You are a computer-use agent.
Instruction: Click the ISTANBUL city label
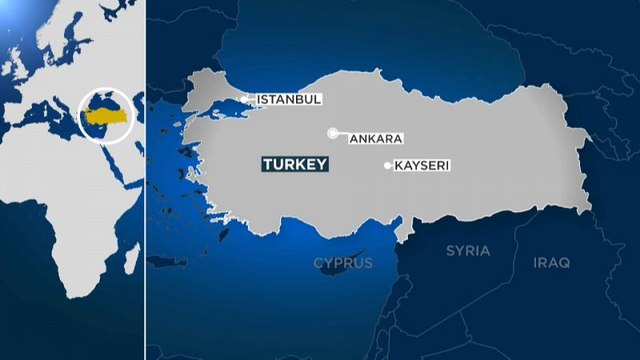[x=289, y=100]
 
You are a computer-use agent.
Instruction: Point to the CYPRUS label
[x=343, y=263]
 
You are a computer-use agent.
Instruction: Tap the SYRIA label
[x=468, y=249]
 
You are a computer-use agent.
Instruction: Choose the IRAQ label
[x=551, y=262]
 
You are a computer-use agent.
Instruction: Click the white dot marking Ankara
[x=332, y=133]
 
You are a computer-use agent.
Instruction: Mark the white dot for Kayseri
[x=388, y=165]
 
